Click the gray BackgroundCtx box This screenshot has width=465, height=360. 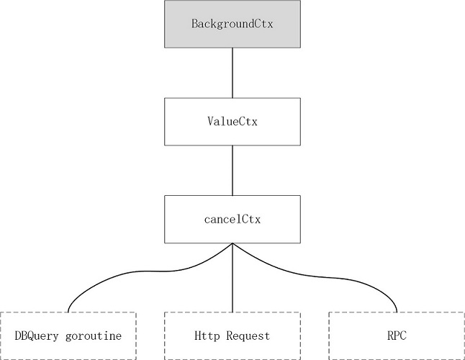(x=232, y=24)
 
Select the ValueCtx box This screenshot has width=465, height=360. (x=232, y=121)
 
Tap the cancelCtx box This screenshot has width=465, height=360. (x=232, y=219)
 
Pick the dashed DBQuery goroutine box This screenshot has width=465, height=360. (x=68, y=336)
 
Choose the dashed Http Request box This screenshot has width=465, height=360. (x=232, y=336)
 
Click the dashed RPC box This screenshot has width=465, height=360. (x=396, y=336)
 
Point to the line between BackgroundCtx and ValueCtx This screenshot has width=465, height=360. (x=232, y=72)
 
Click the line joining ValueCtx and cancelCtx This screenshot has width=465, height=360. (x=232, y=169)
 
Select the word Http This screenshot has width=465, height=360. (x=207, y=336)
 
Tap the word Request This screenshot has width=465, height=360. (x=246, y=336)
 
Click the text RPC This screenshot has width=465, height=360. (x=396, y=336)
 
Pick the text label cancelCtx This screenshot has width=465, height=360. (x=232, y=219)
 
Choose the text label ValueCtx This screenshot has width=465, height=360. (x=232, y=121)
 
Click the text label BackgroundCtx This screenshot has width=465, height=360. (x=232, y=24)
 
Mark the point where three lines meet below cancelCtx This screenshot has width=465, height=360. (x=232, y=245)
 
